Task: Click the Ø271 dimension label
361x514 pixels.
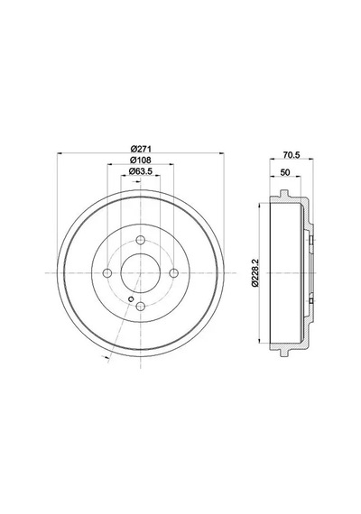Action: (x=141, y=149)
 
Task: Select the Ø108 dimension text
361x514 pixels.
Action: (x=141, y=160)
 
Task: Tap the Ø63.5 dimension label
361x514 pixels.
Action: (x=141, y=171)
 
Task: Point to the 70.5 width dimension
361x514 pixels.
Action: (x=292, y=155)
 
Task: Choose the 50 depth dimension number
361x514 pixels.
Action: (x=285, y=172)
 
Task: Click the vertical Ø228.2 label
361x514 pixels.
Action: (x=255, y=272)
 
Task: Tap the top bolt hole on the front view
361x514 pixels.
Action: (x=141, y=240)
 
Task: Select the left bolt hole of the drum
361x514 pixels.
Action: (x=107, y=272)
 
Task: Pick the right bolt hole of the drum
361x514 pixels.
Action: (x=174, y=272)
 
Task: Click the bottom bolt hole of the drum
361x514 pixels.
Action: (x=141, y=307)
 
